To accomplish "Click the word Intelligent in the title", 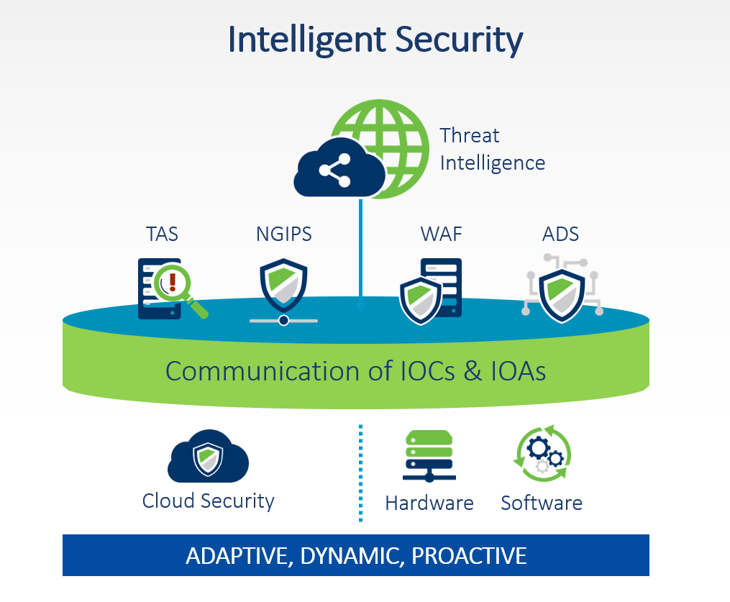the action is [x=307, y=40].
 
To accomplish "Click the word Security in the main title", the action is [x=459, y=40].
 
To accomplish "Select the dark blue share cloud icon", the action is [x=339, y=168].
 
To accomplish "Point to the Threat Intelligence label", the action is [x=493, y=149].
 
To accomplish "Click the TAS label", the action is [x=162, y=234].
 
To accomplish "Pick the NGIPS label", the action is [x=283, y=234].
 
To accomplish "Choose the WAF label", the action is [x=441, y=234].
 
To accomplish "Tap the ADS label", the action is [x=560, y=234].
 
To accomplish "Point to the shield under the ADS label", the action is [x=562, y=296].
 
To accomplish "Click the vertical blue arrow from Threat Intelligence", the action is [x=360, y=256].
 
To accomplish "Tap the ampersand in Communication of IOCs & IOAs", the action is [x=473, y=372].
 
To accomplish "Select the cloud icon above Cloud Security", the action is [x=208, y=456].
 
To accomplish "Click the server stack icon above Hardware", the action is [x=429, y=456].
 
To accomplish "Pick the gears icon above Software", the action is [x=542, y=453].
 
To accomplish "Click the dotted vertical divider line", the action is [x=360, y=473].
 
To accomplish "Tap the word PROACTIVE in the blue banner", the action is [x=469, y=556].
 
